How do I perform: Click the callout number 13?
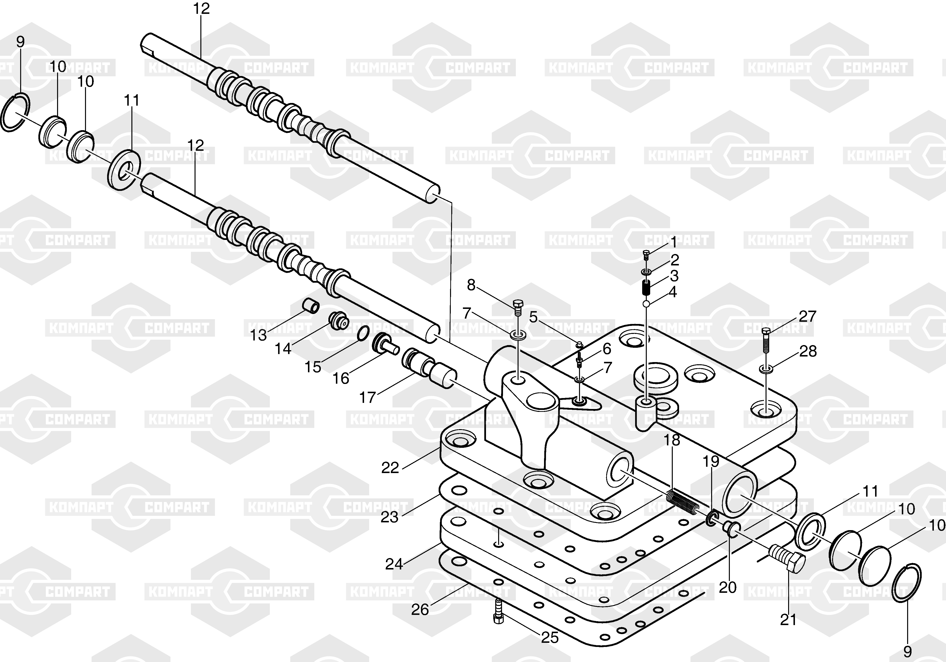coord(259,335)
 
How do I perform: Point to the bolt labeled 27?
coord(766,340)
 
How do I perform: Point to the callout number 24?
coord(394,564)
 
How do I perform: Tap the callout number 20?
coord(728,587)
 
